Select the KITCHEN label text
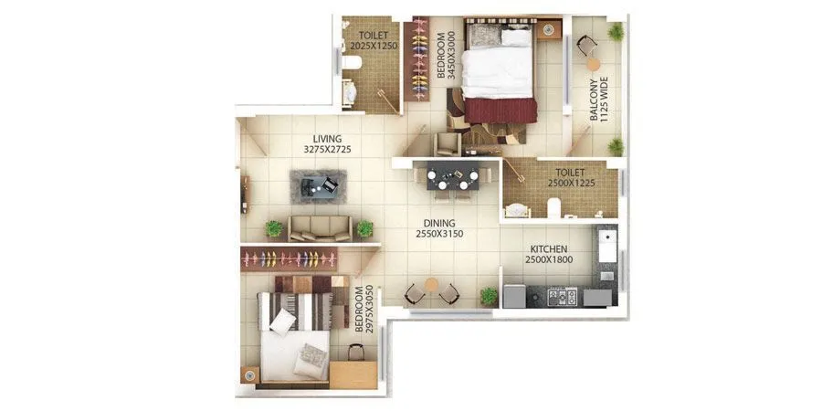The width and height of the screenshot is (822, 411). click(548, 249)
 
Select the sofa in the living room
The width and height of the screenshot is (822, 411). click(319, 227)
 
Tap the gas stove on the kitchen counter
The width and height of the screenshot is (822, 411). click(559, 296)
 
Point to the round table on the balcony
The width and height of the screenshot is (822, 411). click(593, 63)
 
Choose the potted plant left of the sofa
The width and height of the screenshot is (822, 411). click(273, 227)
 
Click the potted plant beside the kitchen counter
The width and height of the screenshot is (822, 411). click(490, 296)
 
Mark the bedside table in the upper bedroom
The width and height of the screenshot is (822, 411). click(548, 30)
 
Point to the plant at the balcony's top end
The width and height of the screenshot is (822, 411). click(616, 31)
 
